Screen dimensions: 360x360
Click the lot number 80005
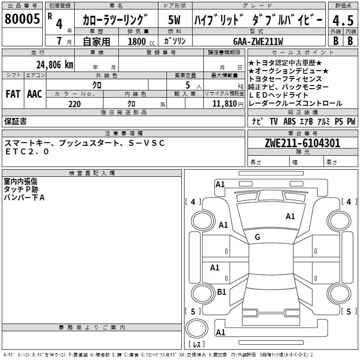[22, 19]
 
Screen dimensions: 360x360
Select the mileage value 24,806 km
[55, 64]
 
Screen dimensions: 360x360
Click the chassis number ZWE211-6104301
[302, 143]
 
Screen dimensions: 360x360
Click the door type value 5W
[175, 20]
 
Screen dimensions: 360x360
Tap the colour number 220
[74, 104]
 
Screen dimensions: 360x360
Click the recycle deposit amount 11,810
[224, 104]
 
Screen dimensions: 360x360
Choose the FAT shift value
[13, 94]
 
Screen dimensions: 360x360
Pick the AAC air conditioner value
[34, 94]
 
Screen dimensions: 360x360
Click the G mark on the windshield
[257, 237]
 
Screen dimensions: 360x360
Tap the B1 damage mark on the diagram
[221, 292]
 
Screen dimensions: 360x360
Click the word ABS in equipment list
[289, 121]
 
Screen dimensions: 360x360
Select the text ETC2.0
[27, 152]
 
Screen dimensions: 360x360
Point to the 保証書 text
[15, 121]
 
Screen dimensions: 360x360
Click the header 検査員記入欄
[92, 173]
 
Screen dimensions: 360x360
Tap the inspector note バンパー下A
[24, 197]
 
